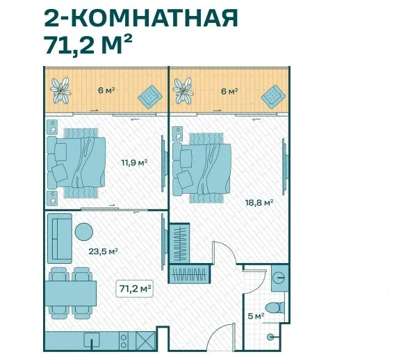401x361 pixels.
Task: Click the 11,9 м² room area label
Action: point(135,162)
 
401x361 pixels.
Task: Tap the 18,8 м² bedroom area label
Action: point(259,203)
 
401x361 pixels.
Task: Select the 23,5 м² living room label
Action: point(103,251)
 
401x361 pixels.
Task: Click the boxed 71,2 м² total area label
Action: point(135,289)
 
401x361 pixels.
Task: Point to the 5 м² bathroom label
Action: point(256,316)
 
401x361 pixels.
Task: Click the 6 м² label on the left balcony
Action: point(106,90)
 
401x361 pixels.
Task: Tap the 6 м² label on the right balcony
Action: point(229,91)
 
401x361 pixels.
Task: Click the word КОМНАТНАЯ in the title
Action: point(158,18)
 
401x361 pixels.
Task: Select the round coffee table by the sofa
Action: point(84,231)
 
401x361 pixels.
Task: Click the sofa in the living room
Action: point(60,238)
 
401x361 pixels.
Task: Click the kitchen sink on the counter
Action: point(92,340)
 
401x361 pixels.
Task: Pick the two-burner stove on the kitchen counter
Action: point(124,341)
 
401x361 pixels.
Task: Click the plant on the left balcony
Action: point(60,90)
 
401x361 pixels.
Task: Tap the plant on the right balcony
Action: point(183,91)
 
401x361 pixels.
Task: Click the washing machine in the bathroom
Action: point(280,278)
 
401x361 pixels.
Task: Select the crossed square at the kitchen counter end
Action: point(145,341)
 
